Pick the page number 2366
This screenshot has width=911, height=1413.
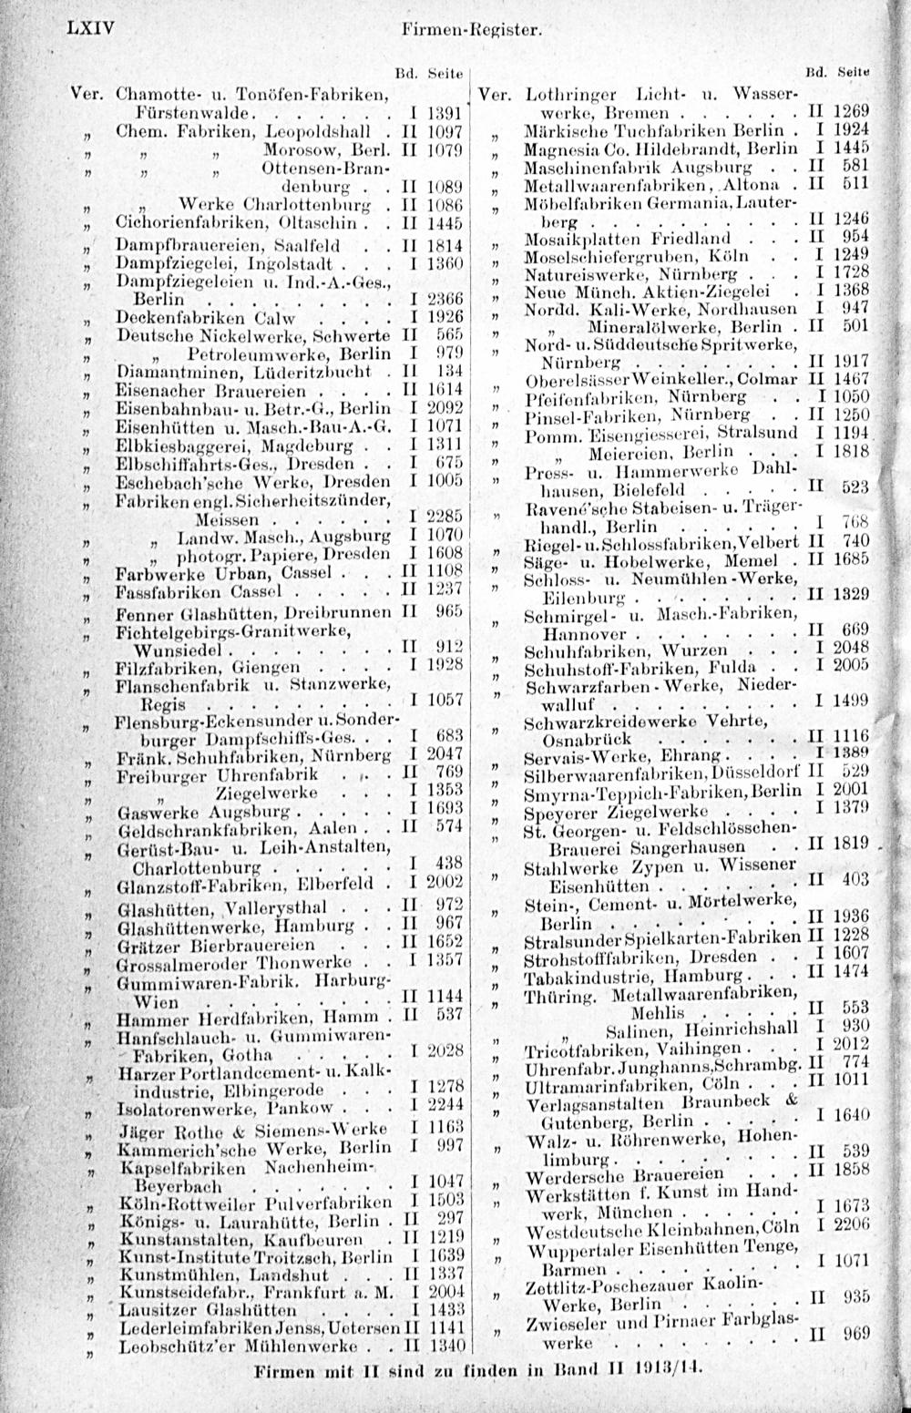click(x=445, y=300)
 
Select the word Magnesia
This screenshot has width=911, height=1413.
click(x=558, y=148)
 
